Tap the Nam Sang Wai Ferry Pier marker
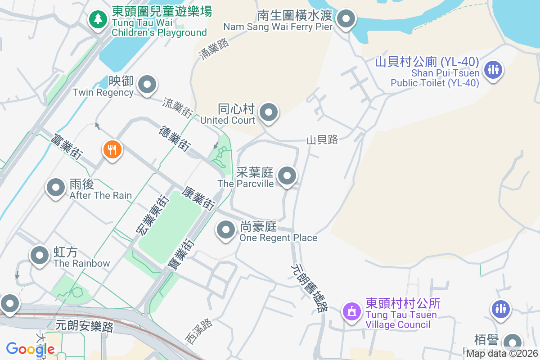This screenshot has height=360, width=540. pyautogui.click(x=346, y=19)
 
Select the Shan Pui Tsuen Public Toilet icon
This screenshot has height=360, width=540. pyautogui.click(x=493, y=70)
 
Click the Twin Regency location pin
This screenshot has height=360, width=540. pyautogui.click(x=147, y=84)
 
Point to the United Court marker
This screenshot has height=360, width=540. pyautogui.click(x=269, y=112)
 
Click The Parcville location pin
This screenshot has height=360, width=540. pyautogui.click(x=287, y=175)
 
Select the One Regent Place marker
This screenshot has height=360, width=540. pyautogui.click(x=225, y=230)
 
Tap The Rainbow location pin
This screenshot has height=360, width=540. pyautogui.click(x=40, y=255)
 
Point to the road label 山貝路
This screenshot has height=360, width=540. pyautogui.click(x=322, y=140)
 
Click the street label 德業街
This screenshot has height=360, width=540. pyautogui.click(x=174, y=138)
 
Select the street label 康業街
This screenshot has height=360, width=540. pyautogui.click(x=198, y=198)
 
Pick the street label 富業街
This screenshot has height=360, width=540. pyautogui.click(x=67, y=146)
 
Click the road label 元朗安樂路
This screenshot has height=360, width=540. pyautogui.click(x=85, y=325)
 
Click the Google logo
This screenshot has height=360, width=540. pyautogui.click(x=31, y=349)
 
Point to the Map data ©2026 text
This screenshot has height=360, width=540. pyautogui.click(x=502, y=353)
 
